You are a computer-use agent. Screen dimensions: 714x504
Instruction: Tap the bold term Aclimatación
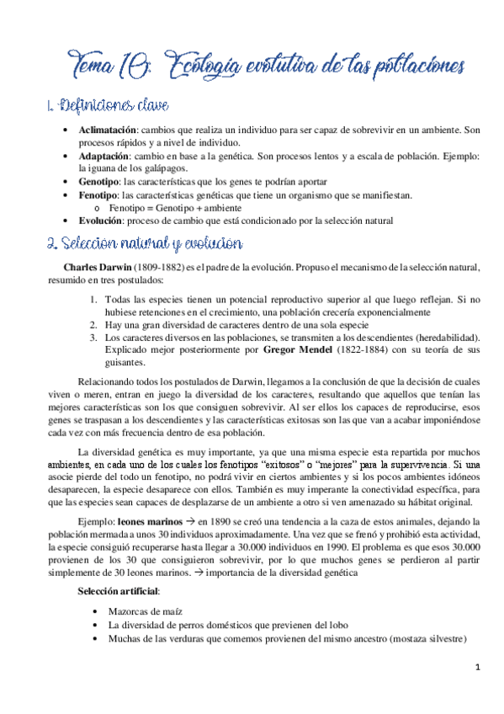tap(108, 131)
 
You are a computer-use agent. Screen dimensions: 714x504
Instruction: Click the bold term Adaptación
tap(104, 156)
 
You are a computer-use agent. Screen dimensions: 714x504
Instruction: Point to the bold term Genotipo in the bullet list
tap(98, 182)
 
